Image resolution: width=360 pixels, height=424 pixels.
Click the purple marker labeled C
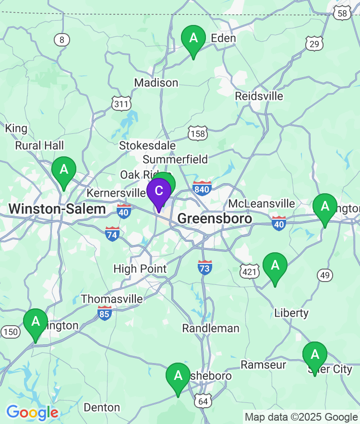click(x=159, y=190)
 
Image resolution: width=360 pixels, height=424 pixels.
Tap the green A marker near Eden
click(x=193, y=38)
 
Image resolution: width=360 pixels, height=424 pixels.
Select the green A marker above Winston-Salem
click(x=64, y=169)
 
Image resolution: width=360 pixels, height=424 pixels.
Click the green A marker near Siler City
click(x=315, y=355)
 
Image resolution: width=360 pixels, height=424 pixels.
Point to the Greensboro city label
click(x=215, y=219)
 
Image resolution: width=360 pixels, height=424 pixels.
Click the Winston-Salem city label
click(x=57, y=209)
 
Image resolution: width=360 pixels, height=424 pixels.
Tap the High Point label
click(x=140, y=269)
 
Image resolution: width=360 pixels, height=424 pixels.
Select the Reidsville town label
click(x=259, y=96)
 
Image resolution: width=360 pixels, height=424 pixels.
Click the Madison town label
click(x=156, y=83)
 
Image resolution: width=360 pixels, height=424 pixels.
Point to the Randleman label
click(x=211, y=328)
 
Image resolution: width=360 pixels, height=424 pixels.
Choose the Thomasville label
click(x=112, y=299)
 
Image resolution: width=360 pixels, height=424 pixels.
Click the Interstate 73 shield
click(x=205, y=267)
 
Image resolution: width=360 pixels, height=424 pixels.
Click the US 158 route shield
click(x=198, y=133)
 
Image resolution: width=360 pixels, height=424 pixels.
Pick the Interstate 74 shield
click(x=113, y=234)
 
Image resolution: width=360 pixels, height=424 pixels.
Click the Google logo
click(x=32, y=412)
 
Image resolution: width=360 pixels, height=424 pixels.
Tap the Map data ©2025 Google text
click(x=301, y=417)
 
